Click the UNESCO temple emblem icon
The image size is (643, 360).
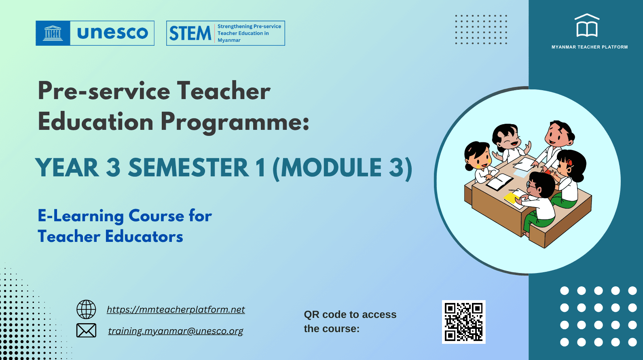[53, 33]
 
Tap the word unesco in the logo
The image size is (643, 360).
[112, 33]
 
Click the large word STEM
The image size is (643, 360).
[190, 34]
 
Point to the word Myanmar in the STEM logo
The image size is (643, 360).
[229, 40]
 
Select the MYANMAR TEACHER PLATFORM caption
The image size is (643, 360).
[590, 47]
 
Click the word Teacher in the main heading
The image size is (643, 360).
[224, 91]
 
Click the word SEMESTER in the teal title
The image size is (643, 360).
[188, 168]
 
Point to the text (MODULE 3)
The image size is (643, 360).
[343, 168]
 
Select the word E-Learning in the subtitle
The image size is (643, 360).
[80, 216]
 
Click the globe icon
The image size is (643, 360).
[86, 309]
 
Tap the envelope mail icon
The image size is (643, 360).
[86, 330]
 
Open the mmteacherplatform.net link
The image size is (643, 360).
[176, 309]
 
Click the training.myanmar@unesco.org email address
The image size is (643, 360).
[176, 331]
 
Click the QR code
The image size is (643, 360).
[463, 322]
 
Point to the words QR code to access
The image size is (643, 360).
[350, 315]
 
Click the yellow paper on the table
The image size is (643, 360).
[512, 198]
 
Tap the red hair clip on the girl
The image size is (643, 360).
[569, 163]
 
